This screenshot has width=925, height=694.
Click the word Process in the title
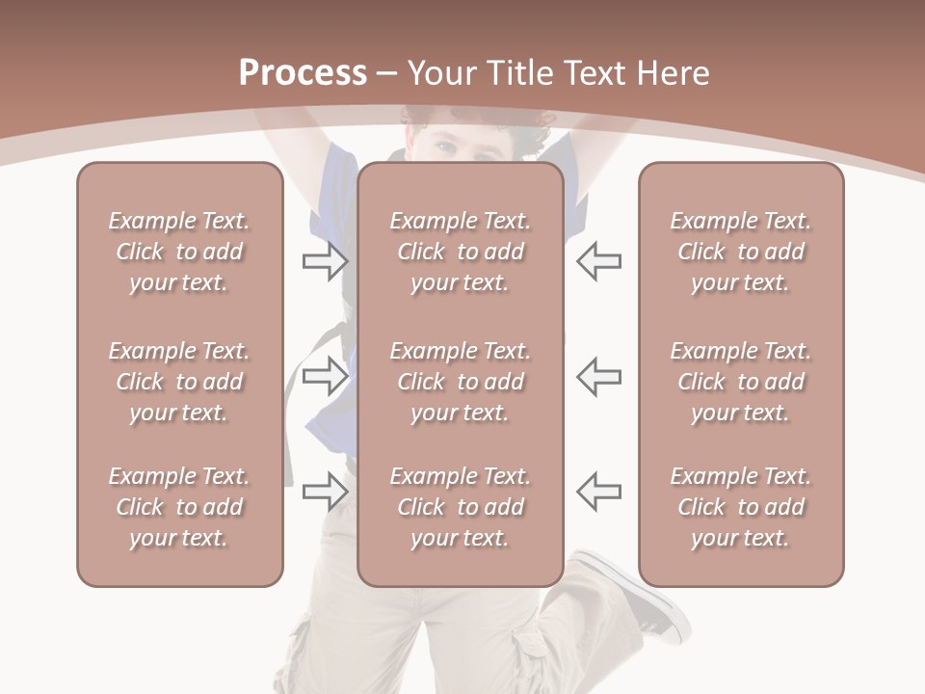tap(303, 73)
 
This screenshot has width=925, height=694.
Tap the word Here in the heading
tap(671, 73)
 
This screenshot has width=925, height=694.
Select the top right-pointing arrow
tap(326, 261)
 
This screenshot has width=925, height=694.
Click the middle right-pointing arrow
tap(326, 376)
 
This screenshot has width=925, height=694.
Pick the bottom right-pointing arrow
tap(326, 492)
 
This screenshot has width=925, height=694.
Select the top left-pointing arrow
tap(598, 261)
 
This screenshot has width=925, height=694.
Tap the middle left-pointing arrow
tap(598, 376)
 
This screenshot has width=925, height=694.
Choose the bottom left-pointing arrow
tap(598, 492)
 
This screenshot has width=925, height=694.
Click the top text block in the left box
tap(179, 252)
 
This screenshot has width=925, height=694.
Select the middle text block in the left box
tap(179, 382)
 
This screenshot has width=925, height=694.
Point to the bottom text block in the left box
tap(179, 507)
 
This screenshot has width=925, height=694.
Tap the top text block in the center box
tap(460, 252)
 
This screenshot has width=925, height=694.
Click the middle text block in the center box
tap(460, 382)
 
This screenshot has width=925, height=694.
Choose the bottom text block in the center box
tap(460, 507)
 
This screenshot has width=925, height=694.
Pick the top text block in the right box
tap(740, 252)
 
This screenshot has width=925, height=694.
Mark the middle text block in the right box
tap(740, 382)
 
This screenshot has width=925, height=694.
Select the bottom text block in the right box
tap(740, 507)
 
